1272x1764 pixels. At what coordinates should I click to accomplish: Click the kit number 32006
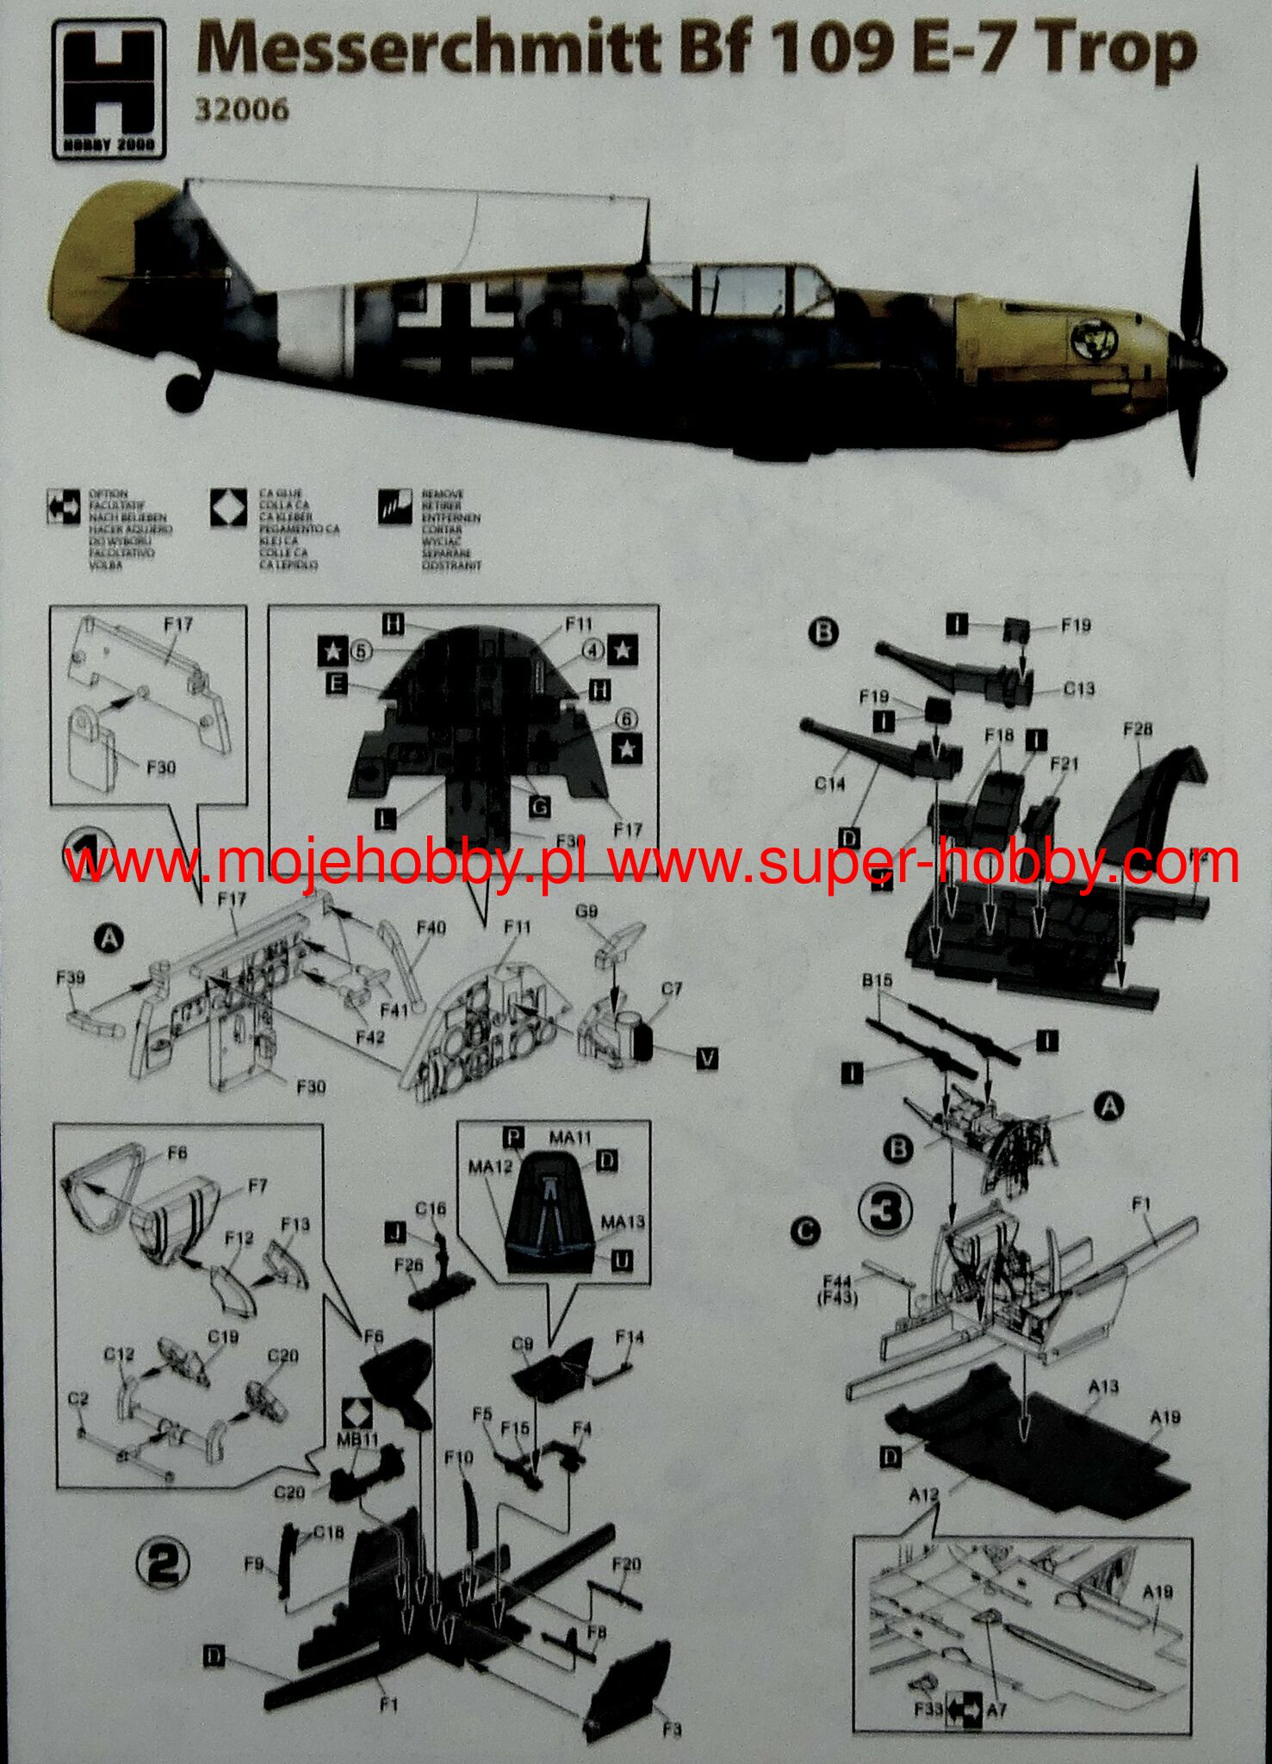pos(241,111)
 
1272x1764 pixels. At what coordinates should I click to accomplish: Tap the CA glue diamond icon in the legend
pos(227,508)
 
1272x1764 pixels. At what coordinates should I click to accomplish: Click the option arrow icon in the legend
pos(63,508)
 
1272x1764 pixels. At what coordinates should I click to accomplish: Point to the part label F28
pos(1137,730)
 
